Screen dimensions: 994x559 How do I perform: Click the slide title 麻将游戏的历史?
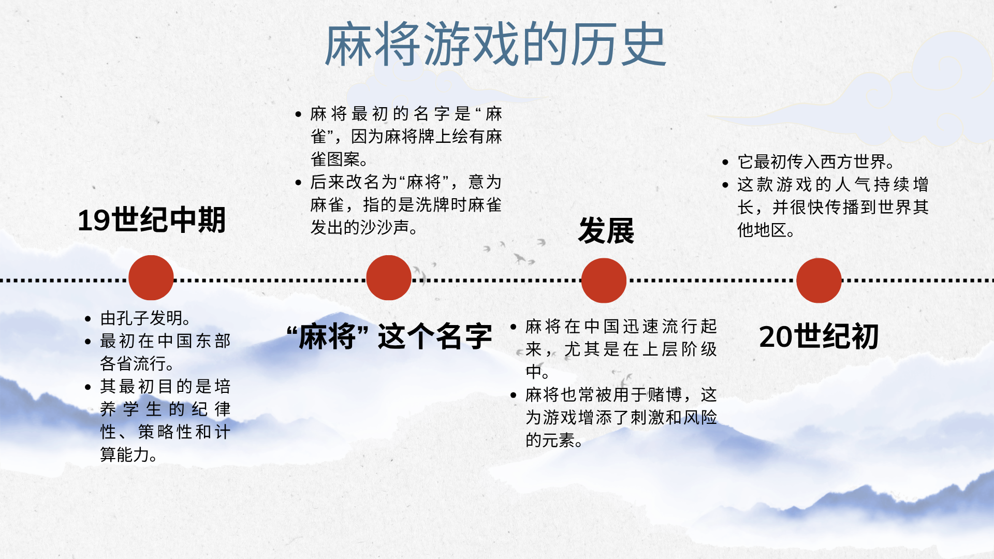point(495,45)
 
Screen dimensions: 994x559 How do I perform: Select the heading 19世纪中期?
point(152,220)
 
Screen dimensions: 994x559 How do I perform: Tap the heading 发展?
point(606,230)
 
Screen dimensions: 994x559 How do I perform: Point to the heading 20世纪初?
point(819,336)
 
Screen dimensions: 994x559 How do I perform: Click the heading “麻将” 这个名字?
point(389,336)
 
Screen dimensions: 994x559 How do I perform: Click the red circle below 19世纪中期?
point(151,277)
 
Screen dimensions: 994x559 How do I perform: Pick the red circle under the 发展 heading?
point(604,280)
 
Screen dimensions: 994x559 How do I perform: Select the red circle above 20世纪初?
point(819,280)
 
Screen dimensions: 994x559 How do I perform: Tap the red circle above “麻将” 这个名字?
point(389,277)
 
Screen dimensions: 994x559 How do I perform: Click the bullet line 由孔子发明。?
point(145,318)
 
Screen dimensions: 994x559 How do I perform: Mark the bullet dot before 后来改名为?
point(298,182)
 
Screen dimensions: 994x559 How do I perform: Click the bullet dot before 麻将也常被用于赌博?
point(514,395)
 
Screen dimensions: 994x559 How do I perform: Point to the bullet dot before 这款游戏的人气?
point(725,185)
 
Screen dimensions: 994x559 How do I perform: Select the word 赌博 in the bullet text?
point(665,395)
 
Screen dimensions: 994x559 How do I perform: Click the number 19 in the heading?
point(94,220)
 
